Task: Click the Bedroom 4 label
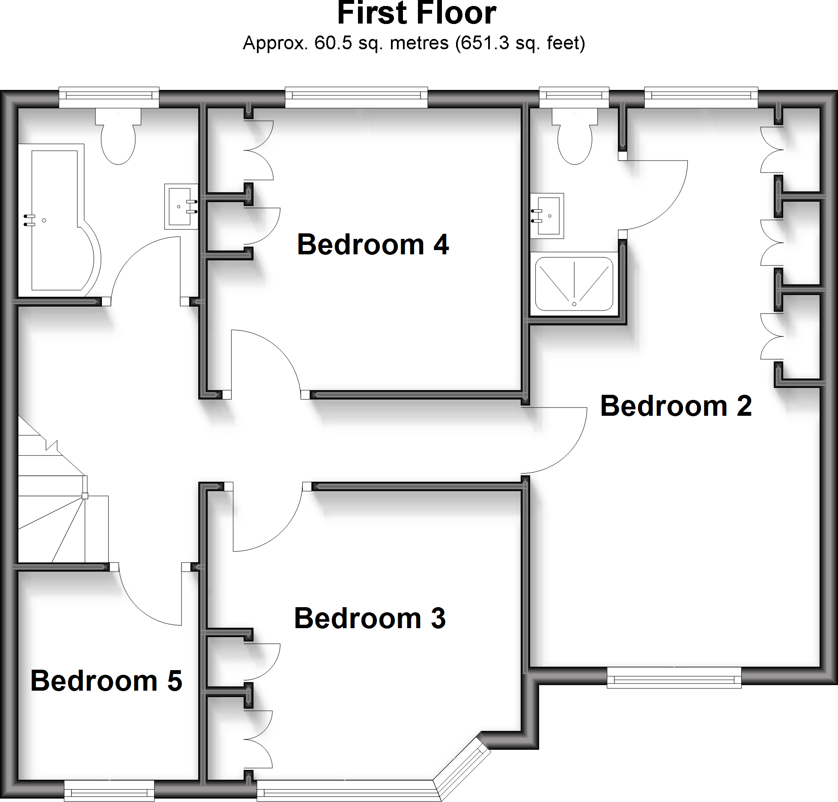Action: pos(373,244)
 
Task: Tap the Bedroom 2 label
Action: pos(676,406)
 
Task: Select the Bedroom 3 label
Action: pos(370,618)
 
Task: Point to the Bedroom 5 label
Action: pos(106,681)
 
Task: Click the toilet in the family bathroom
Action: pos(118,137)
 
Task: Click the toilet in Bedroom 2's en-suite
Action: pos(575,137)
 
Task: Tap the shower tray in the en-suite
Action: pos(574,283)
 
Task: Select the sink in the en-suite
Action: pos(547,216)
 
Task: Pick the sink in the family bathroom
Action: pos(181,206)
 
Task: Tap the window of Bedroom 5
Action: pos(109,790)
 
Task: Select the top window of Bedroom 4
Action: pos(356,98)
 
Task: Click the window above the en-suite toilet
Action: pos(574,98)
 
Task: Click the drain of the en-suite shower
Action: pos(574,304)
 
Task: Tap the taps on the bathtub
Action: pos(29,220)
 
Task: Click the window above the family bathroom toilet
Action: pos(109,98)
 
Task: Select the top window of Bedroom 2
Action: pos(701,98)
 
